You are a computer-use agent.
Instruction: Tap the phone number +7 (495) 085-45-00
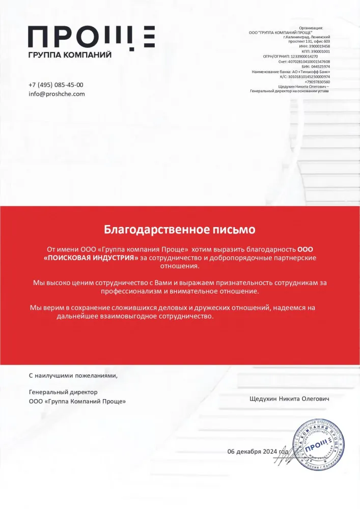tap(56, 85)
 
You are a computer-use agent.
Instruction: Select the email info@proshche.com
tap(57, 94)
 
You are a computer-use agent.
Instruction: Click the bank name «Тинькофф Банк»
tap(316, 72)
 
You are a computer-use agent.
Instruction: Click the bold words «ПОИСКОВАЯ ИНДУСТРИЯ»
tap(91, 258)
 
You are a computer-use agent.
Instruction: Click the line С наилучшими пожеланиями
tap(73, 376)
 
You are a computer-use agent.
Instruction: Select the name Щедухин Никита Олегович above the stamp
tap(289, 399)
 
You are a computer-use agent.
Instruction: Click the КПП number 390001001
tap(319, 51)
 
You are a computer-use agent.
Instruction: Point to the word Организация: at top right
tap(311, 28)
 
